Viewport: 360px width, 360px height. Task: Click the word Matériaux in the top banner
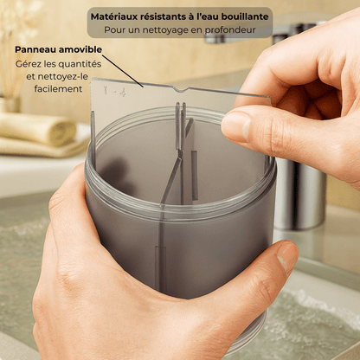click(114, 16)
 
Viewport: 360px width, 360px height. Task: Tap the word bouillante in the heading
click(245, 16)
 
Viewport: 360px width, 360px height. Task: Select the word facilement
click(58, 89)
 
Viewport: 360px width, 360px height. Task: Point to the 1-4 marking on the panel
click(114, 92)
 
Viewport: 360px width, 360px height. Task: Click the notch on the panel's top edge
click(182, 89)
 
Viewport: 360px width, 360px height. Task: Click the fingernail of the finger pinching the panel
click(235, 125)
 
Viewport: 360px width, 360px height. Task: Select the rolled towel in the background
click(37, 128)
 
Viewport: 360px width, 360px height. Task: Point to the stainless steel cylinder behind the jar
click(300, 192)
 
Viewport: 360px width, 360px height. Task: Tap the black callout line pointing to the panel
click(122, 71)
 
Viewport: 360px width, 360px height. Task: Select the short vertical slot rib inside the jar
click(195, 176)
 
